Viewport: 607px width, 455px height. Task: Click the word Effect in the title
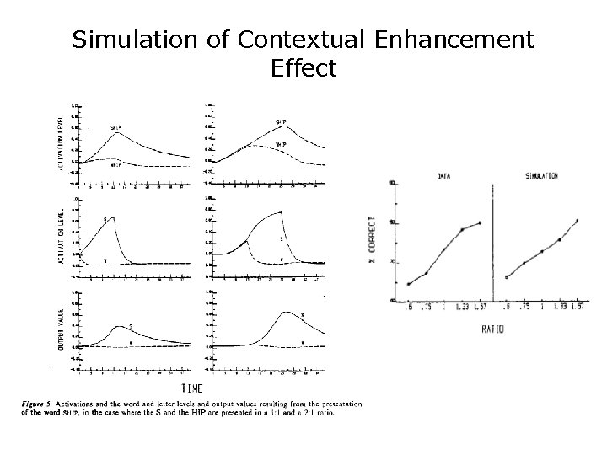(303, 68)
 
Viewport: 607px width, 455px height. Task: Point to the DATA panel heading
(443, 176)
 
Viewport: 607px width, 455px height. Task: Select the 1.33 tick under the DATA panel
(462, 308)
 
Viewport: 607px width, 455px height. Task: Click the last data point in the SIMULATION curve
(577, 221)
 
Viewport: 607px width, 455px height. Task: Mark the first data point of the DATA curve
(409, 285)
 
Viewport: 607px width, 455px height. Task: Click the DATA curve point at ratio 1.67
(480, 223)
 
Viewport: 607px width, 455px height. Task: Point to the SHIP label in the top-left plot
(115, 127)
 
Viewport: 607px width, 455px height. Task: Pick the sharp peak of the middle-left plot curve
(114, 217)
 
